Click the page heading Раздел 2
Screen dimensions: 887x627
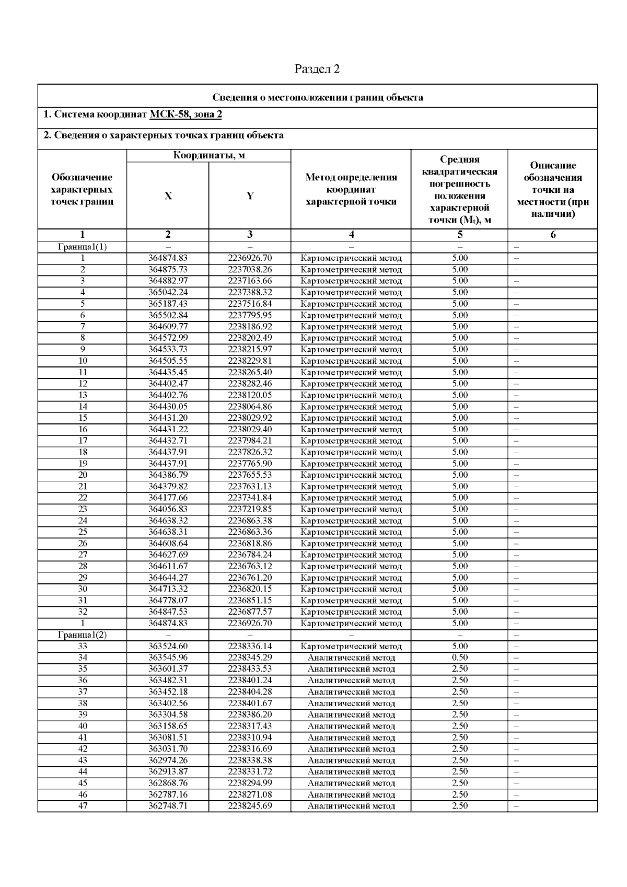[x=317, y=69]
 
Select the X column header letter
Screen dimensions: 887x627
[x=168, y=196]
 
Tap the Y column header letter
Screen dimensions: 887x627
[x=250, y=196]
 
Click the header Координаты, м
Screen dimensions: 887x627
[x=208, y=155]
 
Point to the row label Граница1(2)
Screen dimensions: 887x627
[x=82, y=635]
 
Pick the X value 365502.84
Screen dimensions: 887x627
[x=168, y=315]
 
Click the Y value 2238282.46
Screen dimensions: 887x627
[x=250, y=384]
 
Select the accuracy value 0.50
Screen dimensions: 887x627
[x=460, y=658]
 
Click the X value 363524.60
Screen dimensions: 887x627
[x=168, y=646]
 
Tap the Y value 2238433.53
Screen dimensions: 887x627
[x=250, y=669]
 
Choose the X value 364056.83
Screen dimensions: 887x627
[x=168, y=509]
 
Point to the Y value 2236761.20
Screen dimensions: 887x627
[x=250, y=578]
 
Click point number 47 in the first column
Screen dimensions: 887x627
[x=82, y=805]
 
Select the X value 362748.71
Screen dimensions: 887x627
[x=168, y=805]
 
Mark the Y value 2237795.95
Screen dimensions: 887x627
[x=250, y=315]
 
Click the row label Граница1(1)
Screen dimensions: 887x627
[x=82, y=247]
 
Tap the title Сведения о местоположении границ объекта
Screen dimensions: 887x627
[x=318, y=98]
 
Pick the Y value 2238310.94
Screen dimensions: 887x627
[x=250, y=738]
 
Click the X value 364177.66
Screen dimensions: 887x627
[x=168, y=498]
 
